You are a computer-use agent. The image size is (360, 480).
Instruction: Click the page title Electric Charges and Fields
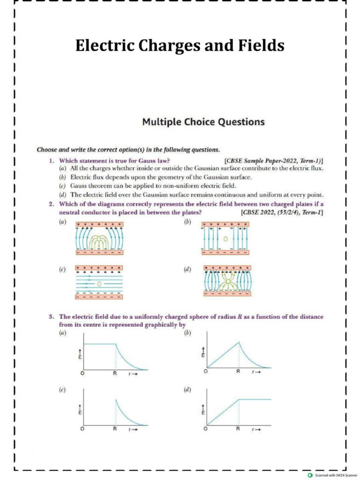click(x=180, y=46)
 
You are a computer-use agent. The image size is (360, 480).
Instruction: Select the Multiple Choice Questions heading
click(x=203, y=122)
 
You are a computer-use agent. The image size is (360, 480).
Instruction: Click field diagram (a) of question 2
click(x=99, y=239)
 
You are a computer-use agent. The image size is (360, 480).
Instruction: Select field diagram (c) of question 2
click(x=99, y=284)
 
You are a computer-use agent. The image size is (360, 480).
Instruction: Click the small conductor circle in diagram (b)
click(x=225, y=239)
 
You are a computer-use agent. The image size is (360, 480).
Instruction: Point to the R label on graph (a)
click(x=115, y=373)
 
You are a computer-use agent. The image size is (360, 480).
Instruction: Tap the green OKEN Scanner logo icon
click(x=310, y=475)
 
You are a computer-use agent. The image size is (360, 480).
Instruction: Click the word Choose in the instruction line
click(x=47, y=150)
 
